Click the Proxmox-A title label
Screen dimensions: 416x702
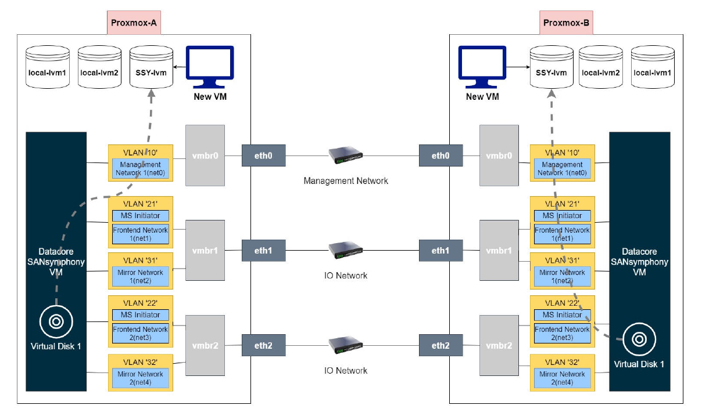tap(134, 24)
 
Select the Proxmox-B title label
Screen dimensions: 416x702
tap(566, 24)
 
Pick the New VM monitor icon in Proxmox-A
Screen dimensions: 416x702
tap(210, 67)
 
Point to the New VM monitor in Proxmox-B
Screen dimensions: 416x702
tap(482, 67)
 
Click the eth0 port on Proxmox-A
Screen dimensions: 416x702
tap(263, 155)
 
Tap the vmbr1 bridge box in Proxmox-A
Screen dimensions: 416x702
tap(205, 251)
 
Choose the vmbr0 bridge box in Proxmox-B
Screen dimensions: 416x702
tap(499, 155)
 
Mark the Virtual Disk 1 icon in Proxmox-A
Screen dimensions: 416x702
tap(56, 321)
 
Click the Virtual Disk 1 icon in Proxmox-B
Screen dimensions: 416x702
tap(639, 339)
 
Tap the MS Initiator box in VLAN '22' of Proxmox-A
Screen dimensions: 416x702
tap(140, 315)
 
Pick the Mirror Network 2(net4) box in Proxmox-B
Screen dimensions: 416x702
tap(562, 378)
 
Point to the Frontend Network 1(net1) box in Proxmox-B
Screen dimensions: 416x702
tap(562, 234)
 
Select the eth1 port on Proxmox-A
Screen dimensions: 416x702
tap(263, 251)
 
